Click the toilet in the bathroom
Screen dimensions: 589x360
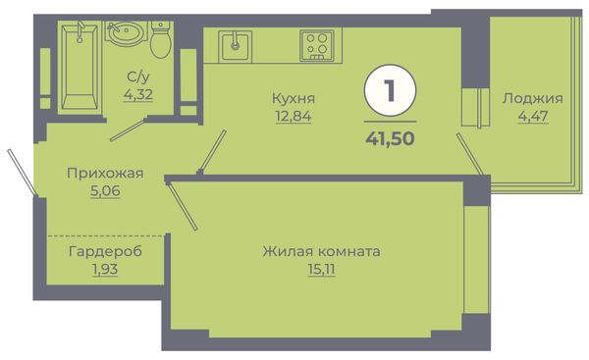(x=161, y=40)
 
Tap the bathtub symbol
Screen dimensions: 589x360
(x=80, y=67)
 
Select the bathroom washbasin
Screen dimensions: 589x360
(x=126, y=33)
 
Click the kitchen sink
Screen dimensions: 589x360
(x=236, y=46)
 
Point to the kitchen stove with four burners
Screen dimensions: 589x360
(x=317, y=46)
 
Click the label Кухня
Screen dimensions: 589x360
(x=294, y=99)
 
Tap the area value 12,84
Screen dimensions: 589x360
(x=294, y=117)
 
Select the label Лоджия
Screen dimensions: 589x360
(x=533, y=99)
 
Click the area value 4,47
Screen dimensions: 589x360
(x=533, y=117)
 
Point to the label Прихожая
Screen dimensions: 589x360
(x=105, y=174)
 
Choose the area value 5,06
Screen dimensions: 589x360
(x=105, y=191)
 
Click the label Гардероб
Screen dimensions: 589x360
(x=105, y=251)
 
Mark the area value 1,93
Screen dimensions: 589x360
(x=105, y=269)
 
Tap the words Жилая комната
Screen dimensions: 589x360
(x=321, y=251)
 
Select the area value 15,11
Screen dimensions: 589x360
(x=321, y=270)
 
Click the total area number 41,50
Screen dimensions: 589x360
(x=390, y=138)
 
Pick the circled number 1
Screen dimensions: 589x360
(x=390, y=90)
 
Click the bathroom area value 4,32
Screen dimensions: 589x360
(x=138, y=94)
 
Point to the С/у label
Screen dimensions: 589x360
(x=138, y=77)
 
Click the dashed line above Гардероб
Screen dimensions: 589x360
(x=106, y=235)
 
